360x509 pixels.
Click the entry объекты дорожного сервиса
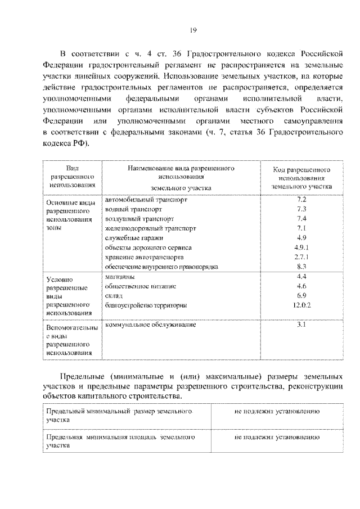click(x=148, y=247)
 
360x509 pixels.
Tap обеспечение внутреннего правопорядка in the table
click(x=161, y=267)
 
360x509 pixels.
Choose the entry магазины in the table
click(x=119, y=277)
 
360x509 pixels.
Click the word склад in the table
click(x=113, y=295)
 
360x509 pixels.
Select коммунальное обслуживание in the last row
click(x=150, y=326)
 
